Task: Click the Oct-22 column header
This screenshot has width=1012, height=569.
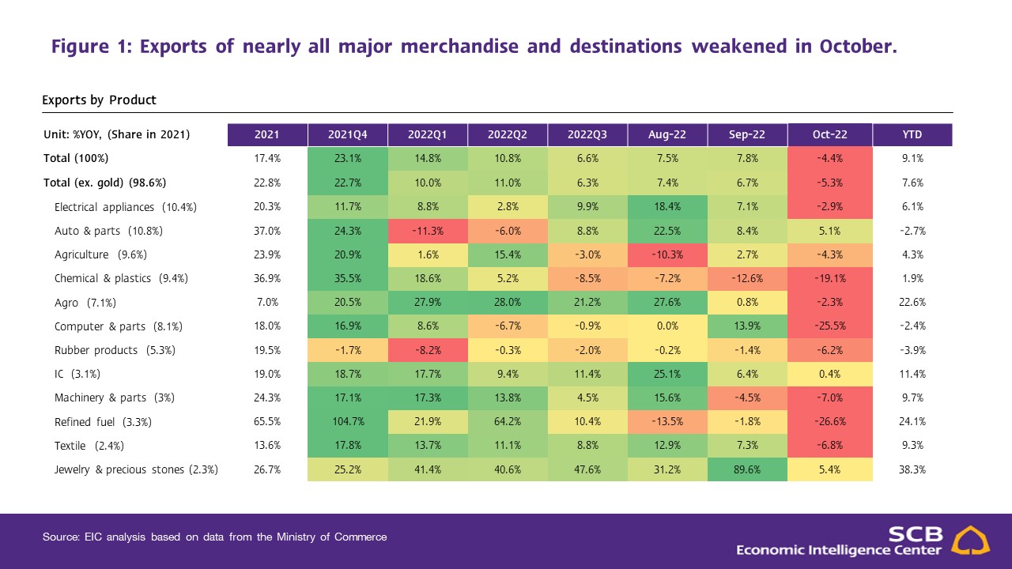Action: (x=829, y=134)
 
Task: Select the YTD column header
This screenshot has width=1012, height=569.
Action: (x=912, y=134)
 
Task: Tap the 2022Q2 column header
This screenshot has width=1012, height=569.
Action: (x=508, y=134)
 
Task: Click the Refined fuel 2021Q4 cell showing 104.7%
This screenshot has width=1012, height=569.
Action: (x=347, y=422)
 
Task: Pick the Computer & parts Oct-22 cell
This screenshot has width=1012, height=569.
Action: (x=830, y=326)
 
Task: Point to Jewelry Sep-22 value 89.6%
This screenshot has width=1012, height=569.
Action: (x=747, y=469)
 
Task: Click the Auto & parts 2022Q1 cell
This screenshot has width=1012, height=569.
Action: (x=428, y=231)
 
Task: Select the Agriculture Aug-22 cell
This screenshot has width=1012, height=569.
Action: (x=667, y=254)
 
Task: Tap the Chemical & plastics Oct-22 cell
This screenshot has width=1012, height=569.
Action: (x=830, y=278)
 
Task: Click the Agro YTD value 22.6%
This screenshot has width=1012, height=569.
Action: (x=912, y=302)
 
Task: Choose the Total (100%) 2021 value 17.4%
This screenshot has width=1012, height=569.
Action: (x=267, y=159)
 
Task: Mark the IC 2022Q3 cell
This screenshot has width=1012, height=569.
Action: (x=587, y=374)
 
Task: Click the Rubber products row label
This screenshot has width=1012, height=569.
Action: (x=115, y=350)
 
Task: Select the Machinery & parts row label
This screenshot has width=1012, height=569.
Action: (x=115, y=398)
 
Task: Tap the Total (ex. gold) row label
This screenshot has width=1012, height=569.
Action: (x=105, y=183)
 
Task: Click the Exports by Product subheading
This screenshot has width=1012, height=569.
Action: (x=99, y=100)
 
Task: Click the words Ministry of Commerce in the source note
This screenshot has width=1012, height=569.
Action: (x=331, y=537)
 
